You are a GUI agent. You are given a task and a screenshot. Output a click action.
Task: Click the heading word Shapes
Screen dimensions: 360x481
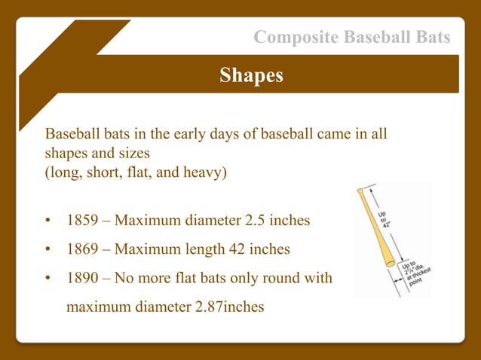pos(251,75)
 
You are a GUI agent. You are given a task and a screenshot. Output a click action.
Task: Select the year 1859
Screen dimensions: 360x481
pos(82,222)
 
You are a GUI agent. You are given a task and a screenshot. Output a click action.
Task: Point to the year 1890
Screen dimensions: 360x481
pos(82,278)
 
